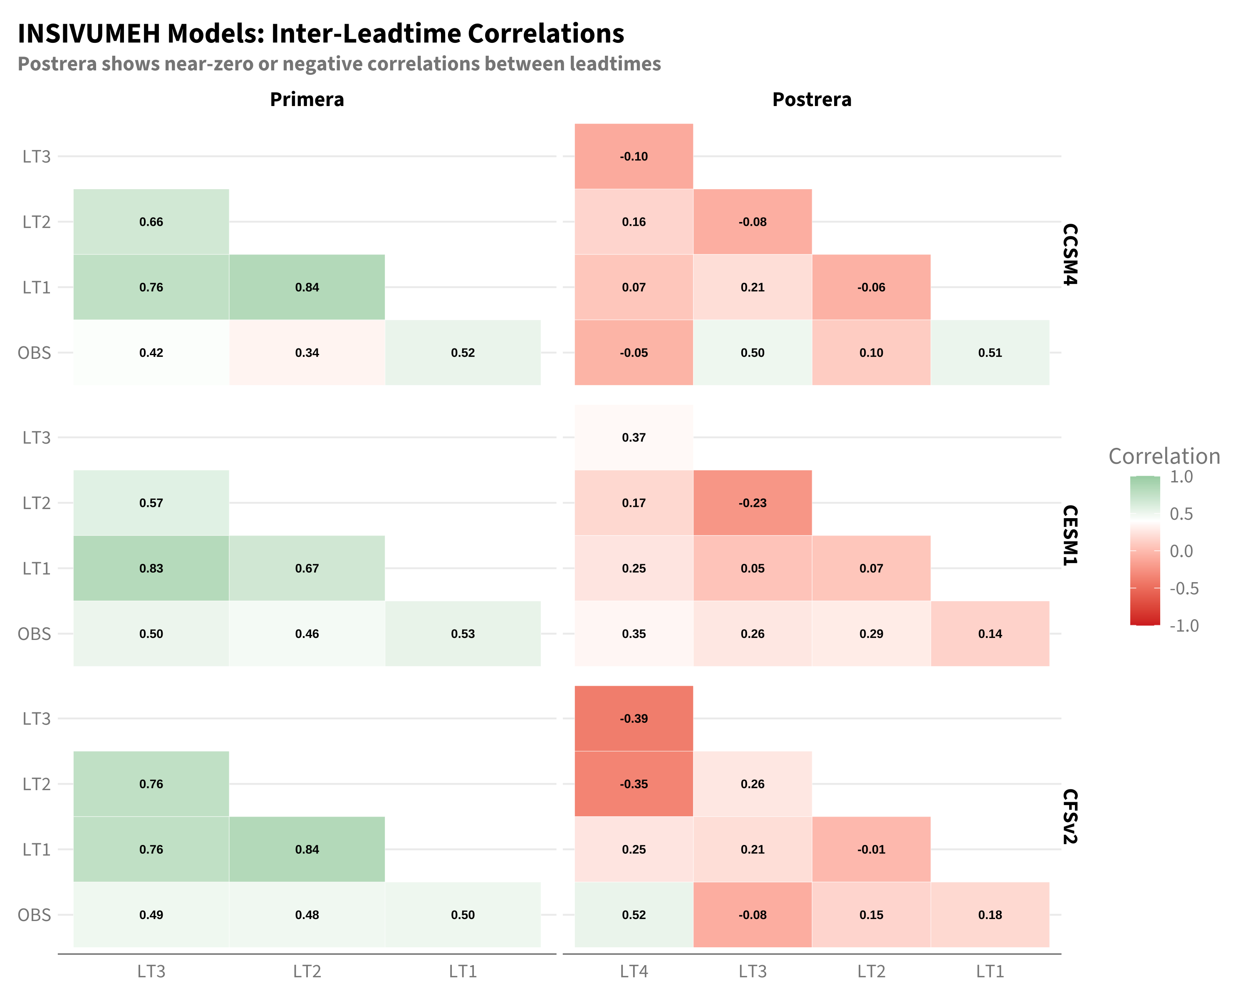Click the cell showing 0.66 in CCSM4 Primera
(x=151, y=222)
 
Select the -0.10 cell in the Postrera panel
(x=634, y=156)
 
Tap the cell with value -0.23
(x=753, y=503)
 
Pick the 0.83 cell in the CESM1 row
(x=151, y=568)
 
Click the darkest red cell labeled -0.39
(x=634, y=719)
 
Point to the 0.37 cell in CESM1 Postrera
(x=634, y=437)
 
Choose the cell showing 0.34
(x=307, y=352)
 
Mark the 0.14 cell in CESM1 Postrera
(x=990, y=633)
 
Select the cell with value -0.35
(x=634, y=784)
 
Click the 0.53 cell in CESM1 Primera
(x=463, y=633)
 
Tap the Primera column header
(x=307, y=99)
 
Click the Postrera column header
(x=812, y=99)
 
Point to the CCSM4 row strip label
(x=1070, y=254)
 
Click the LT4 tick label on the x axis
(x=634, y=971)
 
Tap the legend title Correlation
(x=1164, y=457)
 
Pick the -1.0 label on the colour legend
(x=1184, y=625)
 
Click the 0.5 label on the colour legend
(x=1181, y=514)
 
